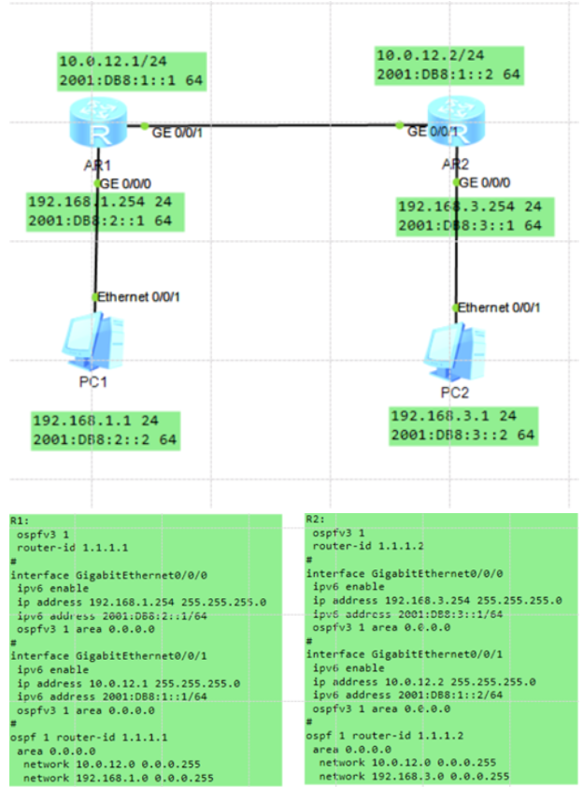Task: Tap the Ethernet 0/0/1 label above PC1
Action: (139, 297)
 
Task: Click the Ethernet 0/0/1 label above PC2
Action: (500, 307)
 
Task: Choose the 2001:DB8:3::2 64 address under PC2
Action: (462, 435)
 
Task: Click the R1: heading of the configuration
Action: (21, 521)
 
